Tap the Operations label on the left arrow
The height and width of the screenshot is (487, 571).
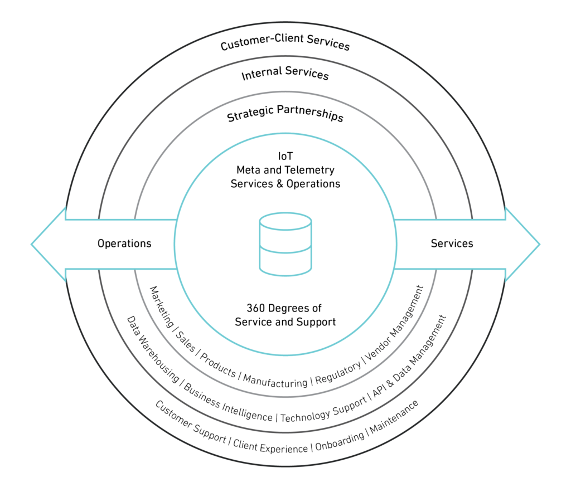124,244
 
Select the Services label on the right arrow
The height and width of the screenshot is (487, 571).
452,244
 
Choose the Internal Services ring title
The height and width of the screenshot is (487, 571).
285,74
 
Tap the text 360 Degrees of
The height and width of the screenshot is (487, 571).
284,308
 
